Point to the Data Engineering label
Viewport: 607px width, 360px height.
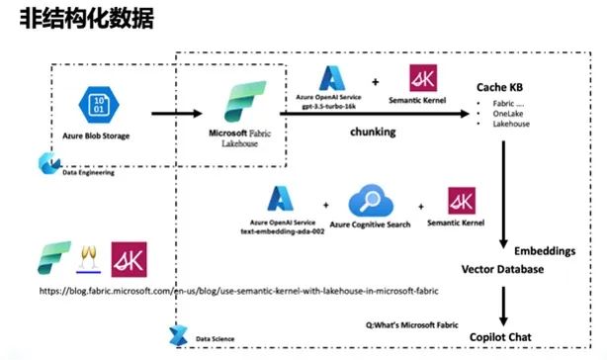pos(87,171)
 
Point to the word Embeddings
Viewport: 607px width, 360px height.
pos(543,251)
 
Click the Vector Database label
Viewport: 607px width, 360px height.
pos(502,269)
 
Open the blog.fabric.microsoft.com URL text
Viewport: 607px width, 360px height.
pos(237,291)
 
